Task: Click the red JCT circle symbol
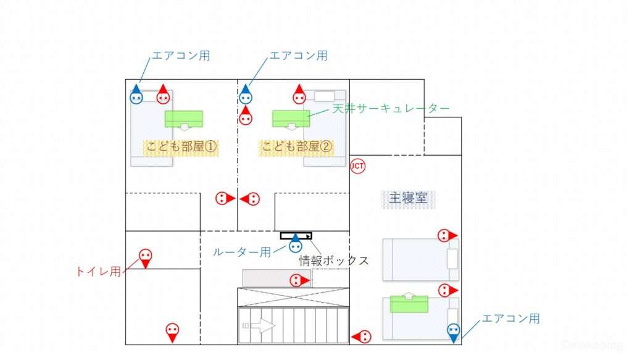pos(357,165)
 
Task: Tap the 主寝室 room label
pos(408,198)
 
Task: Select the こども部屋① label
pos(182,147)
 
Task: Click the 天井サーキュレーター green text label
pos(391,109)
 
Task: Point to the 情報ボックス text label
pos(334,261)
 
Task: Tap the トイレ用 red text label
pos(98,270)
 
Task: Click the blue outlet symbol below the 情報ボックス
pos(296,246)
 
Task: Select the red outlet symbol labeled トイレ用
pos(145,257)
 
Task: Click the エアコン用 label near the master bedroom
pos(510,319)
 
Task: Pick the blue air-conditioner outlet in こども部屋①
pos(136,96)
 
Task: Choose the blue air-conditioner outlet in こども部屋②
pos(246,96)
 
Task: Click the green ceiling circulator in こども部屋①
pos(183,119)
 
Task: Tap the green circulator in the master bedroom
pos(409,303)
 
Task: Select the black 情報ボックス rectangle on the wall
pos(296,236)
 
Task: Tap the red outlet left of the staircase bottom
pos(363,337)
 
